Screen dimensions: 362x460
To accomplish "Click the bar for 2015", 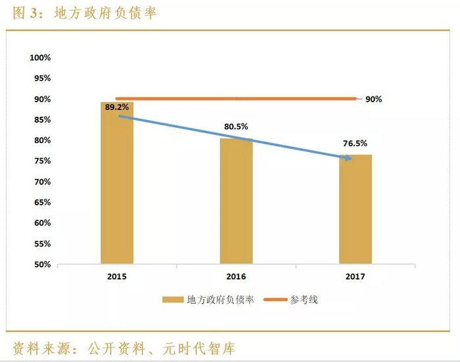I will (117, 184).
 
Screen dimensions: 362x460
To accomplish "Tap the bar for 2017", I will (356, 210).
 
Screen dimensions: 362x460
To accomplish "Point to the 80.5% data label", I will (236, 127).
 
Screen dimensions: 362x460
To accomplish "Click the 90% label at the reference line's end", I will (373, 100).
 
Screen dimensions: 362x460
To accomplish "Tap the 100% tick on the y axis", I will (40, 58).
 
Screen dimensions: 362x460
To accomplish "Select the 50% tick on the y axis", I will (41, 264).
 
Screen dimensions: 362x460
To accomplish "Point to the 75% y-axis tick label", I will (41, 161).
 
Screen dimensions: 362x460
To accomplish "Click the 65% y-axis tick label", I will (41, 203).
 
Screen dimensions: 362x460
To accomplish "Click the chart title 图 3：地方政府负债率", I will (85, 12).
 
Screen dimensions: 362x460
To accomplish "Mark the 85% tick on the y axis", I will (41, 120).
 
